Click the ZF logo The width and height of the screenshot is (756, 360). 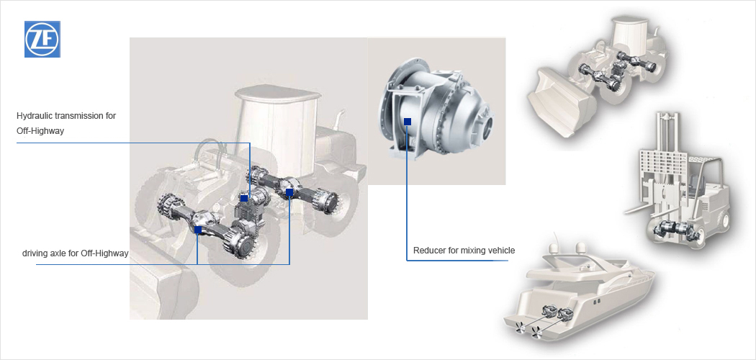coord(42,39)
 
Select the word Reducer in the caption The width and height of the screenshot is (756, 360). coord(428,251)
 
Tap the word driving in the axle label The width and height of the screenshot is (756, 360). coord(35,253)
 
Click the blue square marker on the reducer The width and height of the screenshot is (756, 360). coord(408,122)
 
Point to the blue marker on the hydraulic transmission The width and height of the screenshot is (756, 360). coord(244,198)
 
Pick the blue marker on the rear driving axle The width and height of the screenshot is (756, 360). coord(289,192)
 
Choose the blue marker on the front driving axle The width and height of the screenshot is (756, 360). coord(198,230)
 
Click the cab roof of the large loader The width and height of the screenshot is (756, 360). coord(278,93)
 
